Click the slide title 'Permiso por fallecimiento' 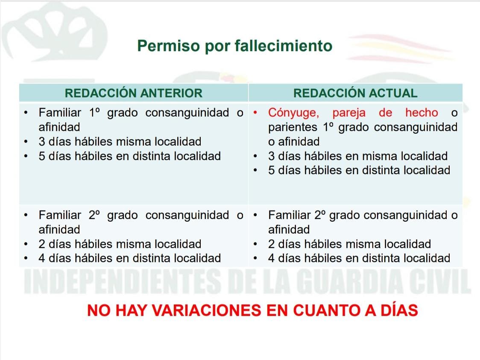pyautogui.click(x=234, y=46)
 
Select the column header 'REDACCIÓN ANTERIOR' pyautogui.click(x=134, y=93)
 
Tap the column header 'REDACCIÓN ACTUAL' pyautogui.click(x=355, y=93)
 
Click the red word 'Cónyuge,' pyautogui.click(x=293, y=113)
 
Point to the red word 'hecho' pyautogui.click(x=421, y=113)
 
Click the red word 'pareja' pyautogui.click(x=349, y=113)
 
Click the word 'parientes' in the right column pyautogui.click(x=293, y=127)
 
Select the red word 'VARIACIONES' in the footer pyautogui.click(x=207, y=310)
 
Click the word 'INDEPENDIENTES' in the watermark pyautogui.click(x=122, y=281)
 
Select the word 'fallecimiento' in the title pyautogui.click(x=284, y=46)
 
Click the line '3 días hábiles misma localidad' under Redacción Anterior pyautogui.click(x=120, y=142)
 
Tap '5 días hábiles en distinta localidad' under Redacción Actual pyautogui.click(x=359, y=170)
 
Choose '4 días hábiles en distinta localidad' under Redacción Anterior pyautogui.click(x=129, y=258)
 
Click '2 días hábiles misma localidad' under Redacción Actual pyautogui.click(x=349, y=244)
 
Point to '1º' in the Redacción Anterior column pyautogui.click(x=94, y=113)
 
